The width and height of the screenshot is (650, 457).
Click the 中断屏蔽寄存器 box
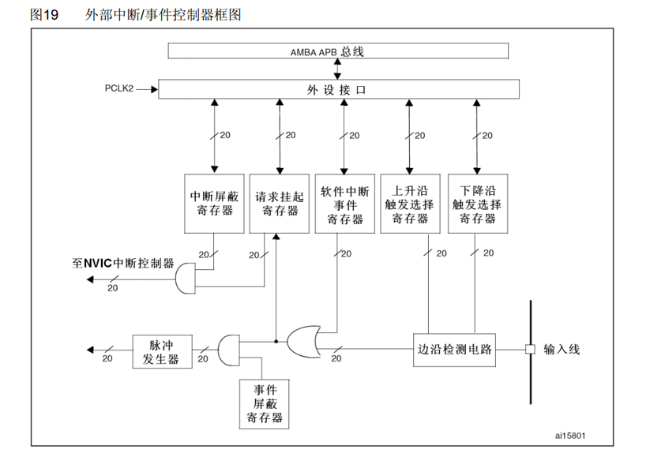213,203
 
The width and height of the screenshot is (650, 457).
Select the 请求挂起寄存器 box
278,203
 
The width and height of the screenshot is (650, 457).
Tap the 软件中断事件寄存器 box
344,203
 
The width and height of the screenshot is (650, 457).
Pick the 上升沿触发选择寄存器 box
410,203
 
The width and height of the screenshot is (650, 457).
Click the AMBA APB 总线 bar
338,51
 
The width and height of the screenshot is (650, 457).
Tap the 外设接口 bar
338,89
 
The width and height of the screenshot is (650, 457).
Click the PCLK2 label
118,89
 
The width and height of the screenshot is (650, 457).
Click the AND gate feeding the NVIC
183,276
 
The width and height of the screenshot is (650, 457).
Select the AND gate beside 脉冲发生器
227,349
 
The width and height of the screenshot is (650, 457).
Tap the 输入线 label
562,349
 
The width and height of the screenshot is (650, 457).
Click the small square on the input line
530,349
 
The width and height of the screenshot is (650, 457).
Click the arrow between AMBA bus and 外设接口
338,69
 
